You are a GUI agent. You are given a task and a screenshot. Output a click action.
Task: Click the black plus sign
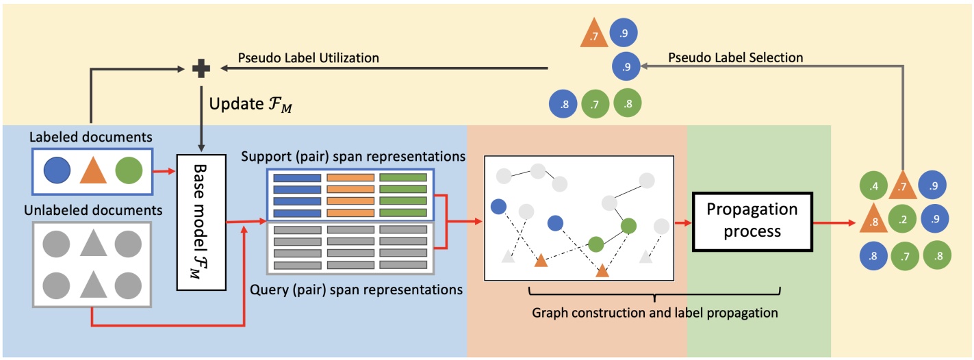tap(201, 68)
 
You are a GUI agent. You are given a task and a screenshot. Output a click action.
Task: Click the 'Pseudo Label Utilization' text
tap(309, 58)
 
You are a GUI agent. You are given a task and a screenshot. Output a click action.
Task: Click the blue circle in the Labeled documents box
tap(56, 169)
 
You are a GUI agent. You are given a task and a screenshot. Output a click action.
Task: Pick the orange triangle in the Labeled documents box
tap(93, 169)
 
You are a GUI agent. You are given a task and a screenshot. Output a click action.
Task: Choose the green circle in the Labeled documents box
tap(129, 169)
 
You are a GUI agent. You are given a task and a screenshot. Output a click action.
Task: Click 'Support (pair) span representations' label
tap(353, 156)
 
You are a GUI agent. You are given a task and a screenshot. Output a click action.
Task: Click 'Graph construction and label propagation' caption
tap(655, 313)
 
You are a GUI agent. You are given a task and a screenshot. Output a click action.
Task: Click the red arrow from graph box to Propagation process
tap(684, 222)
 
